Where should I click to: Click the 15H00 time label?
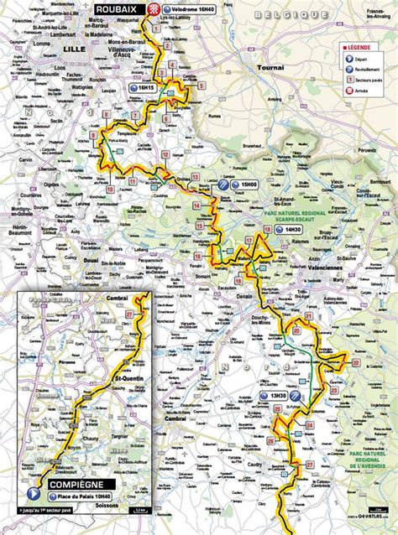coord(247,185)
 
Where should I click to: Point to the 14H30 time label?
coord(293,228)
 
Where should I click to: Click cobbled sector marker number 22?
coord(355,362)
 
